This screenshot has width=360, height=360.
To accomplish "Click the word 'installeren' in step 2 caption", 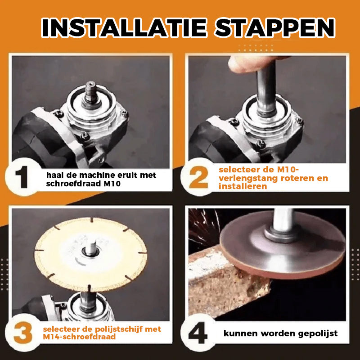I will click(x=243, y=186).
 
